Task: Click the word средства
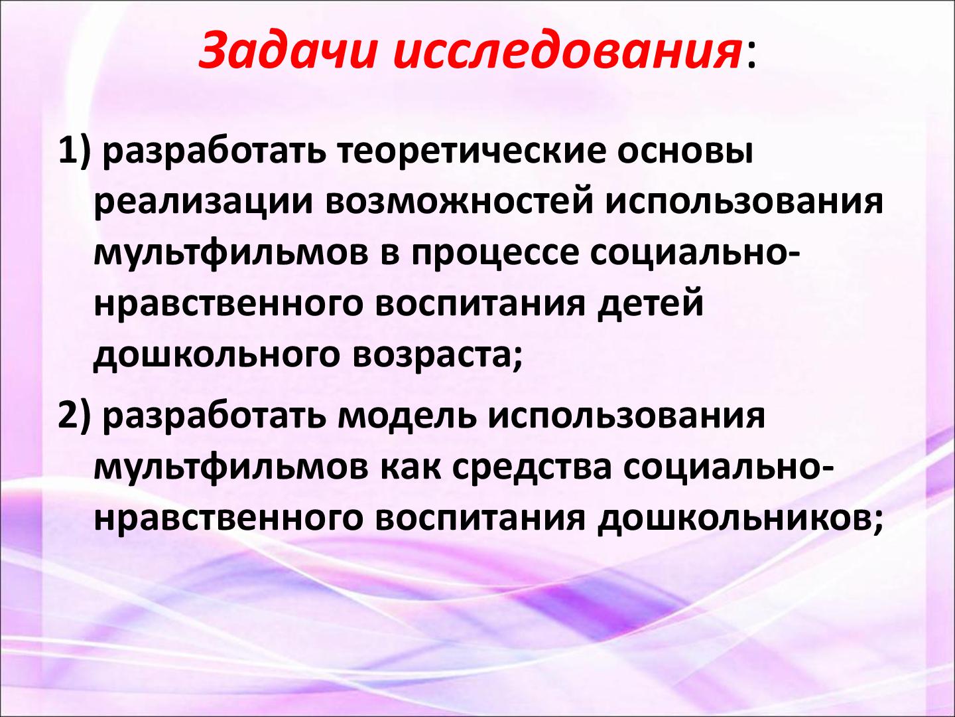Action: [x=531, y=469]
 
